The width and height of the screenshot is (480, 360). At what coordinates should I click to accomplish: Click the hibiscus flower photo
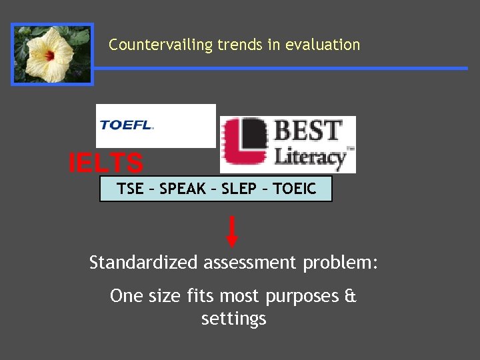[x=52, y=55]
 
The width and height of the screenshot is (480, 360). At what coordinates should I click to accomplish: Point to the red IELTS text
[x=106, y=163]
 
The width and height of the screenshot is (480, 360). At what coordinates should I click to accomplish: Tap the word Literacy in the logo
[x=311, y=157]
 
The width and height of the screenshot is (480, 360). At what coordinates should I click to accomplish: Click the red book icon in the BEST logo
[x=246, y=143]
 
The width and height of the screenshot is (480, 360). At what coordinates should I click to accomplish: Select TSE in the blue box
[x=130, y=189]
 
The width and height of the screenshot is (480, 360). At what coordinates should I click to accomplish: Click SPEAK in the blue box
[x=183, y=189]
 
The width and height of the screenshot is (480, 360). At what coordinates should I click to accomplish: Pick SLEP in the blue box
[x=239, y=189]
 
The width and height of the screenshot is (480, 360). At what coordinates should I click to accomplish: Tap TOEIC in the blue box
[x=294, y=189]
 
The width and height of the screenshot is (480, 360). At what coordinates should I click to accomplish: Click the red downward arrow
[x=232, y=231]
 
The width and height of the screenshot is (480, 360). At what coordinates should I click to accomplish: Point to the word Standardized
[x=143, y=263]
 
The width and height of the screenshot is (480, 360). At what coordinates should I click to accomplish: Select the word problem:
[x=341, y=263]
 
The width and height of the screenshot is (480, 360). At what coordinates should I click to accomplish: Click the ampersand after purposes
[x=350, y=295]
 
